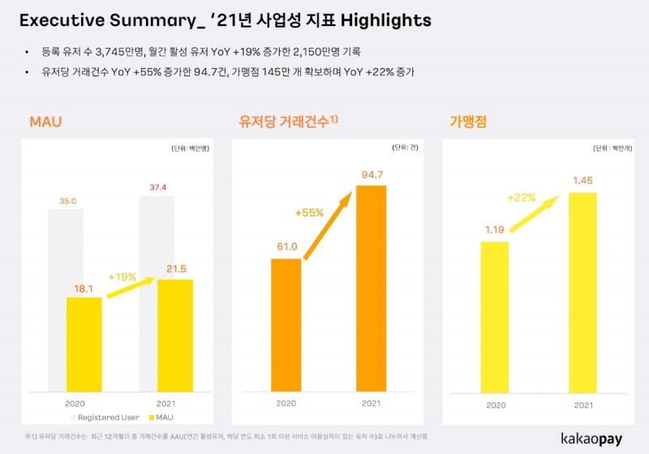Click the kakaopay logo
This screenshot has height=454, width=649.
[x=596, y=439]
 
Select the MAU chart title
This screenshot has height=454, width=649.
[x=45, y=122]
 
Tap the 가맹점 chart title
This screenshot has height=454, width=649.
[x=468, y=122]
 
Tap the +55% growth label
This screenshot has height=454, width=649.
[x=309, y=213]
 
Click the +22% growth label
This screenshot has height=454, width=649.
[x=522, y=197]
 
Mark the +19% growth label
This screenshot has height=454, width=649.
[x=122, y=276]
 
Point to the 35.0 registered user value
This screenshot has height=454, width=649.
[x=67, y=200]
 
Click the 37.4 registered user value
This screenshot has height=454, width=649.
[x=159, y=187]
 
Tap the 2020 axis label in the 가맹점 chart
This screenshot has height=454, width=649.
[x=495, y=403]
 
